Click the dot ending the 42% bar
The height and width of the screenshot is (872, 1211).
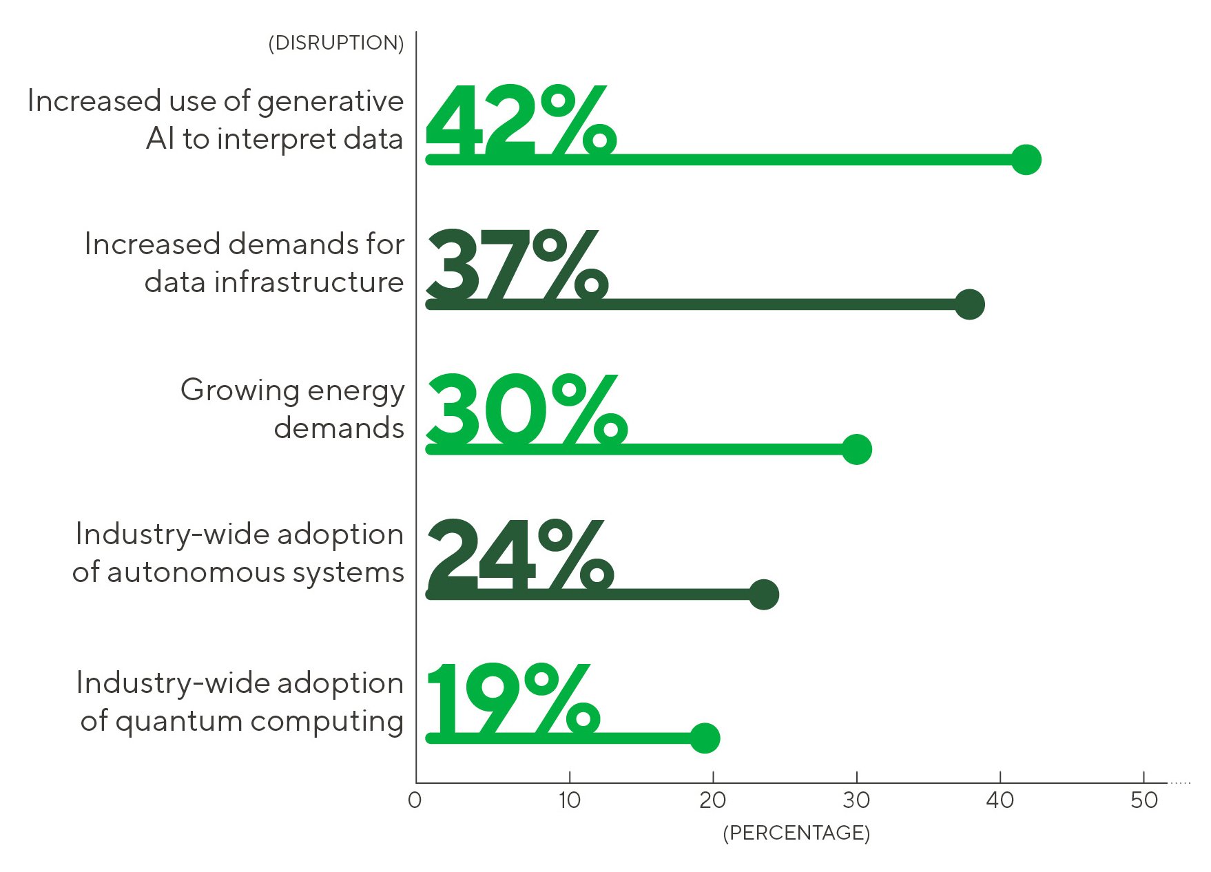1026,160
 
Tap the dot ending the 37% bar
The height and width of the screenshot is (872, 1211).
970,304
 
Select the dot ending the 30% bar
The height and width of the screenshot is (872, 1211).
857,449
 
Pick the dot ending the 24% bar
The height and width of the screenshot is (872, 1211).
764,594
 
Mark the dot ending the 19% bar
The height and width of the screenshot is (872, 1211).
705,738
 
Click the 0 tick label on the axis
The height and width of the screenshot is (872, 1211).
415,800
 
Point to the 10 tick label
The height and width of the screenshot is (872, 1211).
570,800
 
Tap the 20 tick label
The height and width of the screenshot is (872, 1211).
713,800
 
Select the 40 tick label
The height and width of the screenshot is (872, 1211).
1000,800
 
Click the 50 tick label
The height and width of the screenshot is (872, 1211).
1144,800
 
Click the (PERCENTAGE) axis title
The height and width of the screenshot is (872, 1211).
796,833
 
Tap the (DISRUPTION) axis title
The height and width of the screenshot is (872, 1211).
336,43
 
